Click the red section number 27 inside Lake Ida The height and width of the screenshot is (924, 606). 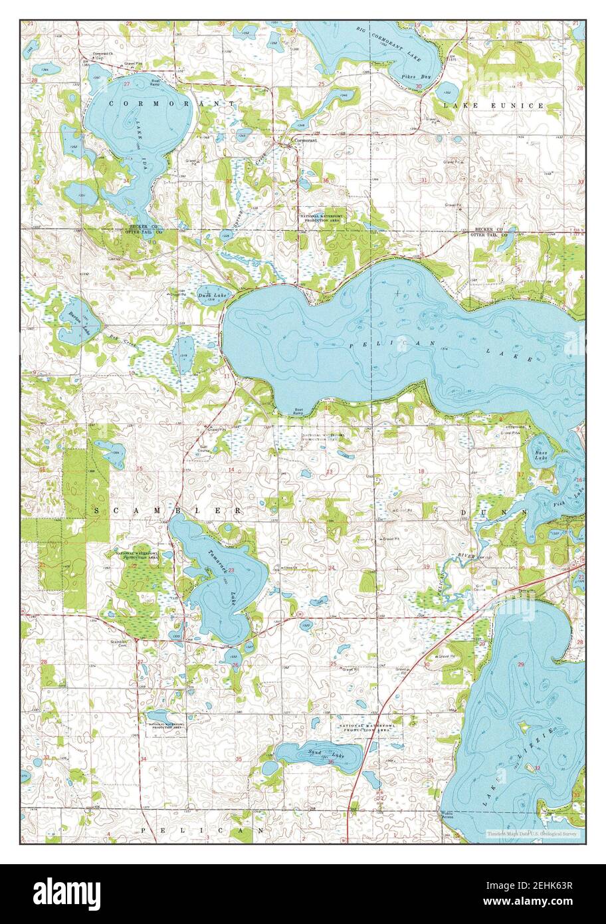point(126,84)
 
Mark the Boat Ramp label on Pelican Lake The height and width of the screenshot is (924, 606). point(299,411)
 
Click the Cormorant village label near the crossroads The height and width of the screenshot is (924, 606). point(305,140)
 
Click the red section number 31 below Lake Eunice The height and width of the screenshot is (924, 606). point(423,180)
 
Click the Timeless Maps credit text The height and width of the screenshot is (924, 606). point(532,834)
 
